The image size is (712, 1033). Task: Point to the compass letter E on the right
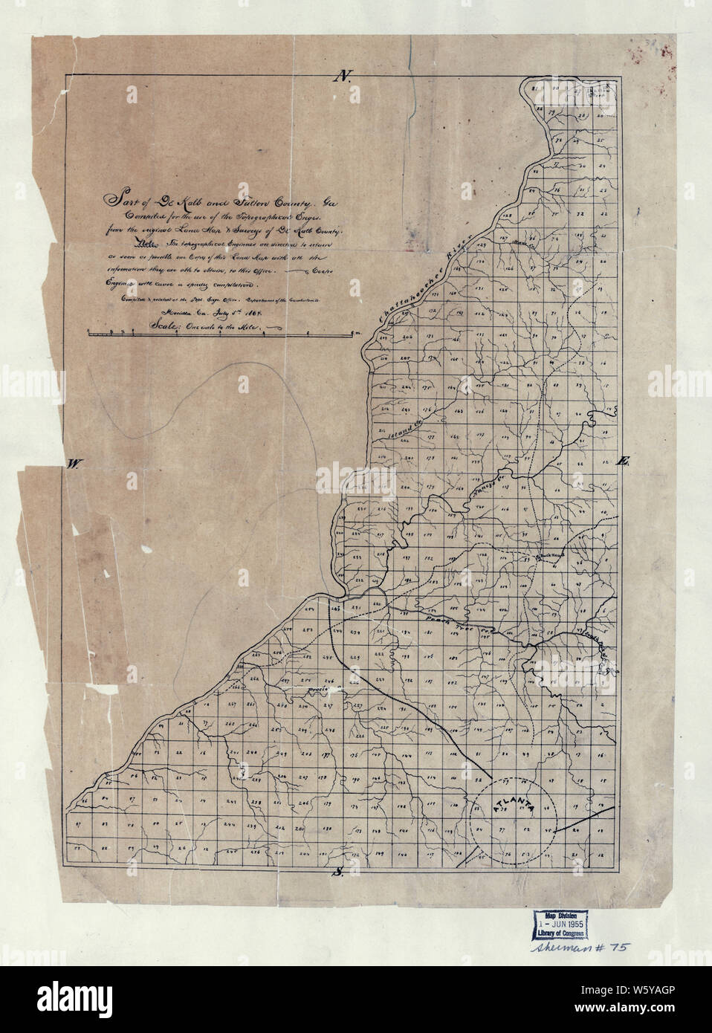(623, 462)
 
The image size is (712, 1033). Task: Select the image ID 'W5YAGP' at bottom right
(666, 1011)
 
